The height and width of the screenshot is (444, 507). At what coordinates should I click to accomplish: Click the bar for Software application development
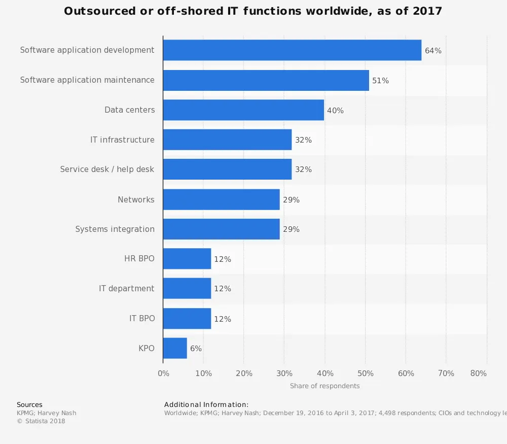pos(292,50)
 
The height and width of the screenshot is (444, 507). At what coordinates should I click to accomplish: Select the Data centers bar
pos(243,110)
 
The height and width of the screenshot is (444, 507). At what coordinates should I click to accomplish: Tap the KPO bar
pos(175,349)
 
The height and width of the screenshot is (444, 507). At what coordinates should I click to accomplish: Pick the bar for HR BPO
pos(187,259)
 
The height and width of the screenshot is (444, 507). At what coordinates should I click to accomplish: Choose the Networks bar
pos(221,199)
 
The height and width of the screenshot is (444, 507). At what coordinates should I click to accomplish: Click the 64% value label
pos(433,51)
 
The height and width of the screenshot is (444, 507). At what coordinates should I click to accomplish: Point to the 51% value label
pos(380,81)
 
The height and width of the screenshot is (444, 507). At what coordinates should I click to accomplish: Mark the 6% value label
pos(196,349)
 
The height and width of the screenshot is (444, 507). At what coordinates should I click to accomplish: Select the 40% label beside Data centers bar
pos(335,111)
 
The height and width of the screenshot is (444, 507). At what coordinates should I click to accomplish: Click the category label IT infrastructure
pos(122,140)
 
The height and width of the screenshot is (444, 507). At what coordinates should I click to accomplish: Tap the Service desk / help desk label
pos(107,169)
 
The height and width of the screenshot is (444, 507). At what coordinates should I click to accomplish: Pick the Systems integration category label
pos(115,229)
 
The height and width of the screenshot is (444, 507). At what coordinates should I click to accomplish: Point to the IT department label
pos(127,289)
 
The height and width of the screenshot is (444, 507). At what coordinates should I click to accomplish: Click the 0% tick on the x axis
pos(164,373)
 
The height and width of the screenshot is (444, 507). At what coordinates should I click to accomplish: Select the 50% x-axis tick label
pos(366,373)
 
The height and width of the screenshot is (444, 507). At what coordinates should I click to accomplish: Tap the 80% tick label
pos(478,373)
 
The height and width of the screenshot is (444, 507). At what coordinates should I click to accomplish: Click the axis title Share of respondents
pos(324,386)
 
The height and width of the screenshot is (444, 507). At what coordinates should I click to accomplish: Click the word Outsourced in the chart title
pos(100,11)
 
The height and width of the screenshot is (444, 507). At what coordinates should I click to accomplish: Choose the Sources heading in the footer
pos(29,405)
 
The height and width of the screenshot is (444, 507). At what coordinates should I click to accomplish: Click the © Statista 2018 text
pos(41,421)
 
